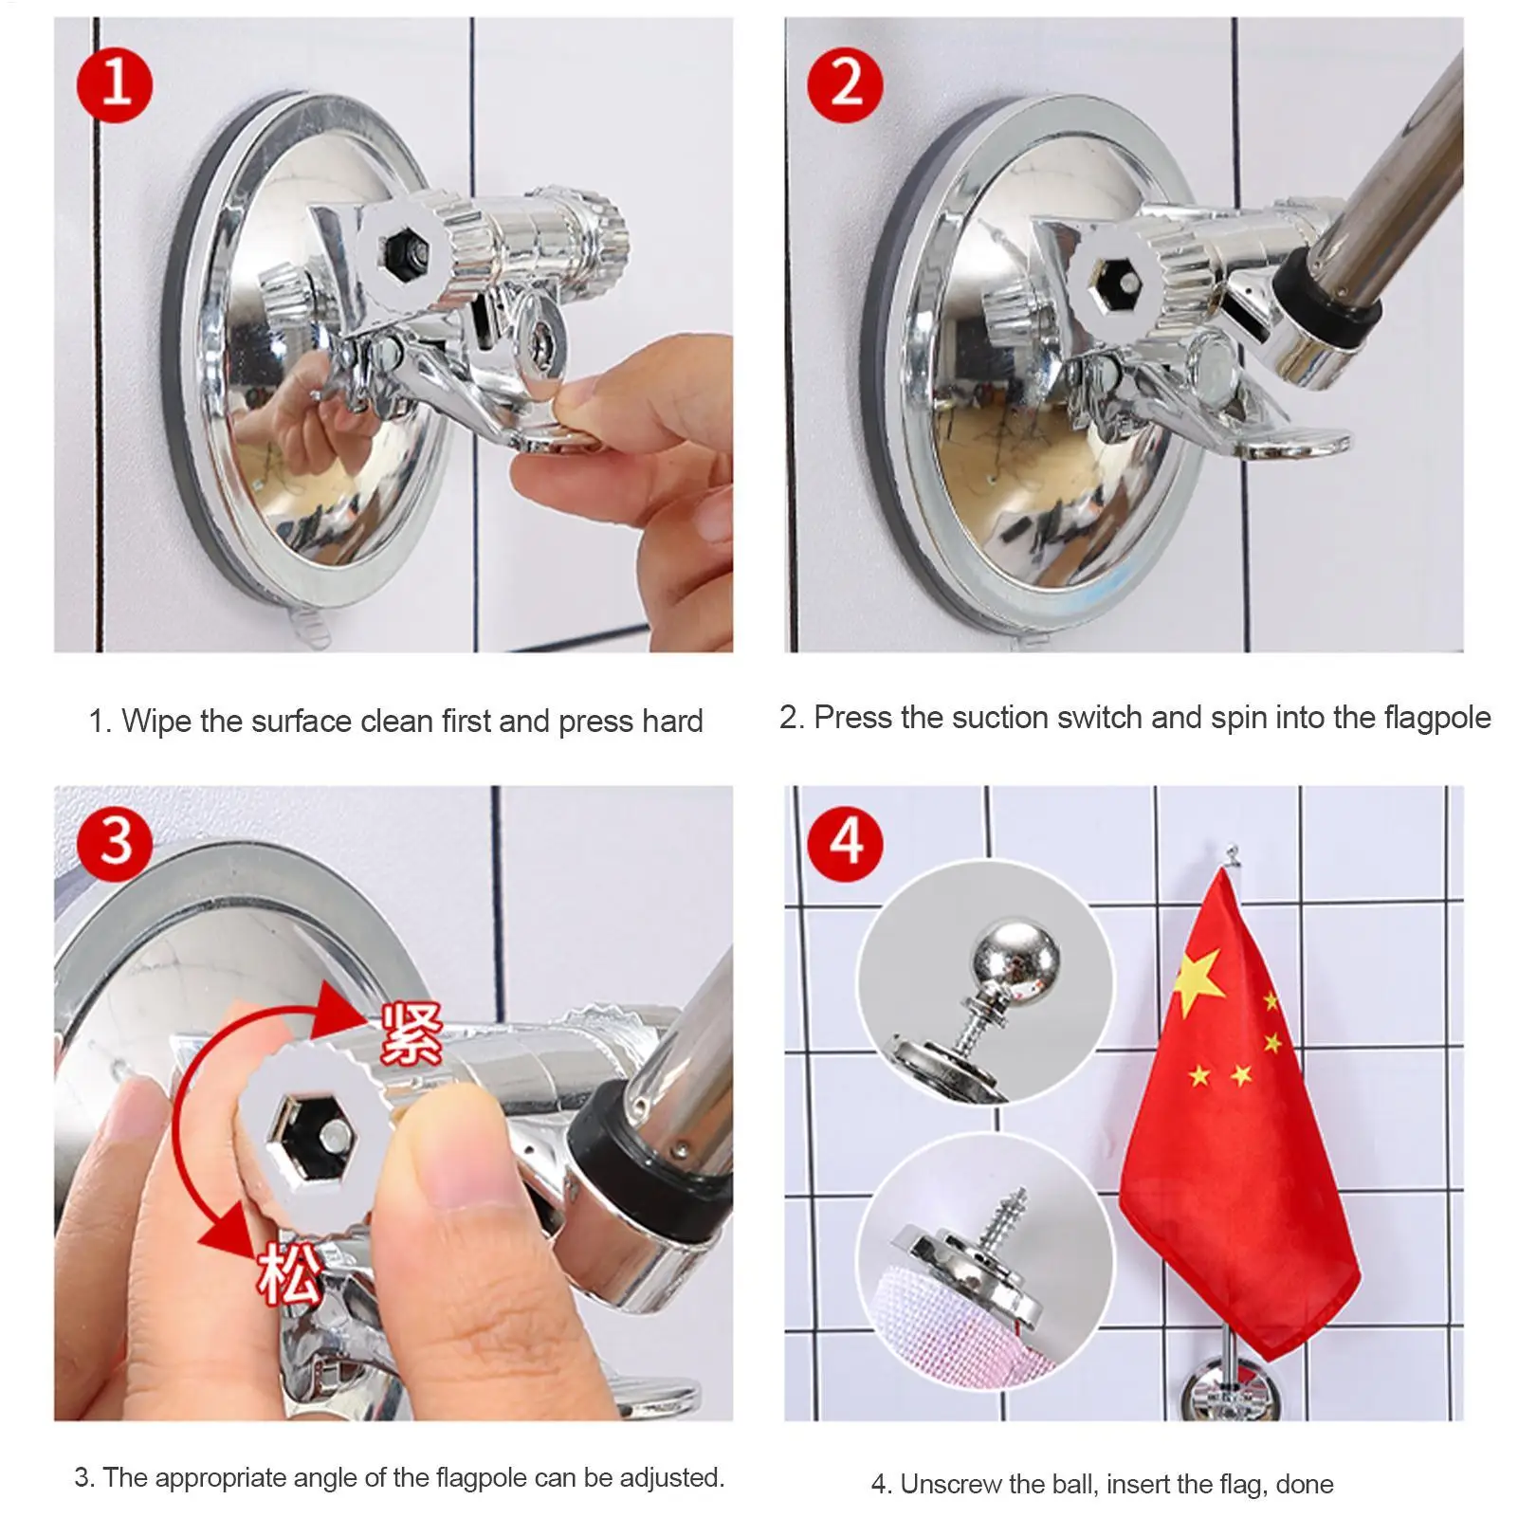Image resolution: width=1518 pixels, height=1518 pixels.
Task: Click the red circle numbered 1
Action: [x=115, y=83]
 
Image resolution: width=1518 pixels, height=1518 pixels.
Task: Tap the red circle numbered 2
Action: [x=846, y=83]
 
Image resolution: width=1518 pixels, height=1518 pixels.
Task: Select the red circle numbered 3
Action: [x=115, y=841]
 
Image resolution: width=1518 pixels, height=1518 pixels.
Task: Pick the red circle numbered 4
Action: [x=846, y=841]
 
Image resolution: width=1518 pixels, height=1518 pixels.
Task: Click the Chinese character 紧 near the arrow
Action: [x=411, y=1033]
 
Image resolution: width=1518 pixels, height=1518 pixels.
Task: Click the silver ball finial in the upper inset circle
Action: [x=1008, y=956]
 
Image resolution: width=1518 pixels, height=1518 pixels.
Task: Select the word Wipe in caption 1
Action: [x=156, y=722]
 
